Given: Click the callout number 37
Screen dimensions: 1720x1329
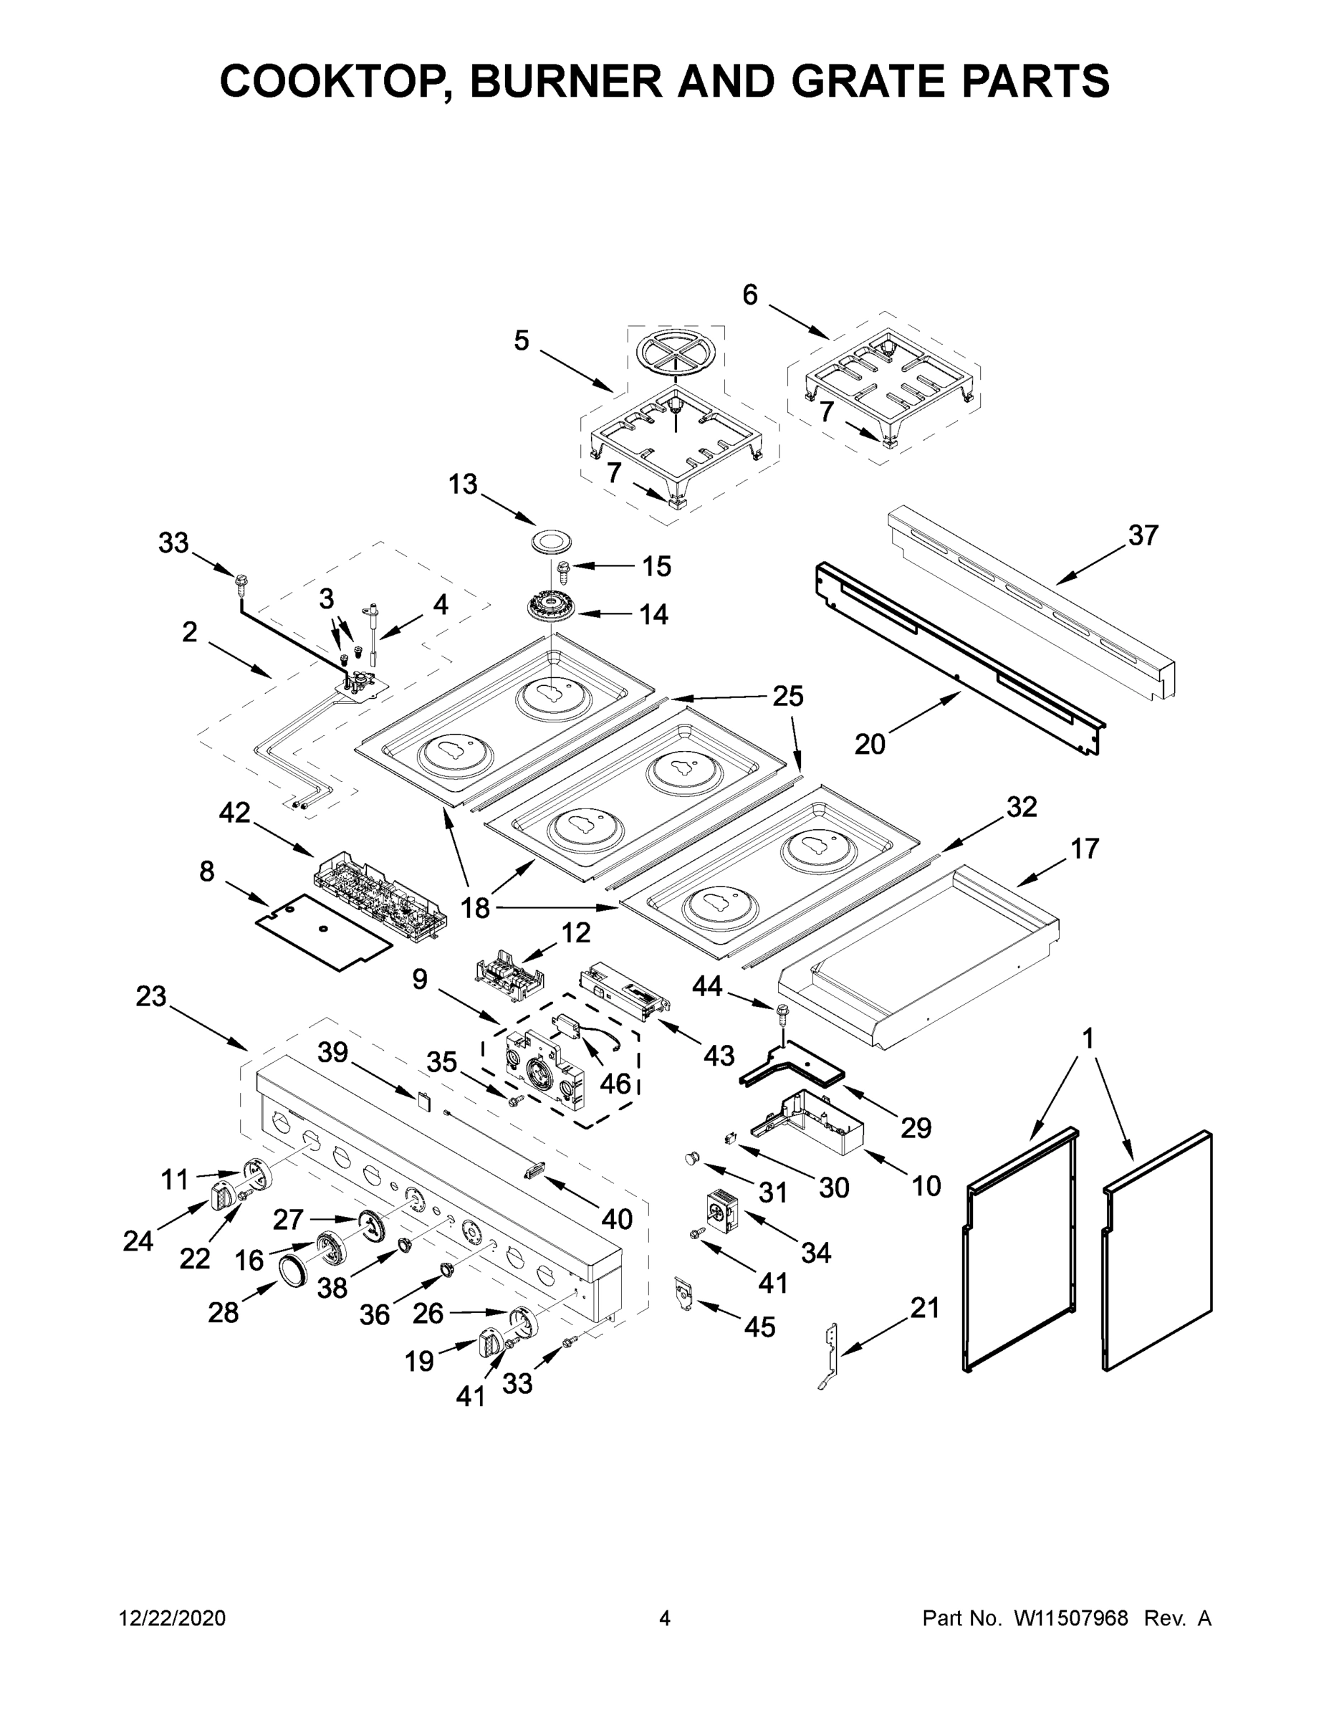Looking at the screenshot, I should click(1143, 535).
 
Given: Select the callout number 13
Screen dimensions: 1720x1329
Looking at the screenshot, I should click(463, 484).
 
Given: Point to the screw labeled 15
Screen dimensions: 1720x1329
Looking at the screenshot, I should click(564, 566).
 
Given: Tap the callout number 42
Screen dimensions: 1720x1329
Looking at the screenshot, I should click(234, 812).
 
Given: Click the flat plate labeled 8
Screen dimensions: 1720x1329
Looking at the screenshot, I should click(323, 932).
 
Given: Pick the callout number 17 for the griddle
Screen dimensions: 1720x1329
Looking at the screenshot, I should click(1084, 849).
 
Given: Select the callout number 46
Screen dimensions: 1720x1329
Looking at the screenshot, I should click(615, 1084).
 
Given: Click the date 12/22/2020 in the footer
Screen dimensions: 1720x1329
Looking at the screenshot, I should click(173, 1618).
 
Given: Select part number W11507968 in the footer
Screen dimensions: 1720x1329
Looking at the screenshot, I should click(1071, 1618).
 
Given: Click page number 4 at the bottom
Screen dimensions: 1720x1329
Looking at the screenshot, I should click(665, 1618).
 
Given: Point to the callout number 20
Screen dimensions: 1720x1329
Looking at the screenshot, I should click(870, 742).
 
